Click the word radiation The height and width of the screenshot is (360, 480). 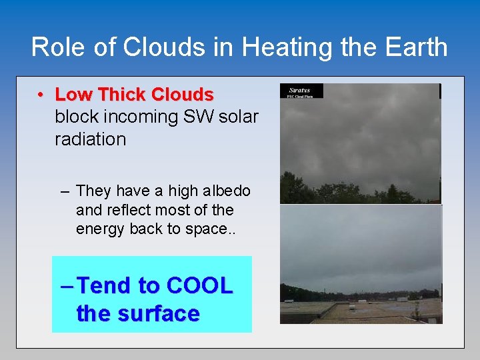90,139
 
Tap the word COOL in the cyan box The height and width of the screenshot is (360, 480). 199,285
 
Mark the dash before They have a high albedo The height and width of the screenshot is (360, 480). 65,191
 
